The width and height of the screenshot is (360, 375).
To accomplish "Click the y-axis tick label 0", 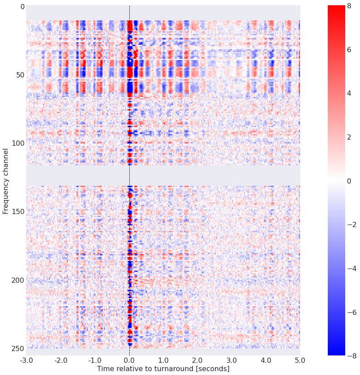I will click(x=19, y=7).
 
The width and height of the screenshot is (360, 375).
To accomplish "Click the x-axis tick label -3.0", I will click(x=26, y=361).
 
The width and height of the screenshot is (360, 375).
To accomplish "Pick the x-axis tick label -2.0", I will click(x=61, y=361).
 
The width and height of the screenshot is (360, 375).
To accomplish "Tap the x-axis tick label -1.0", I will click(x=94, y=361).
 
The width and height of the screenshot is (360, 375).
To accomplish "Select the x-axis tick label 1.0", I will click(x=163, y=361).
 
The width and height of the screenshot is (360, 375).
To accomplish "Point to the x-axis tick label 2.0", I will click(x=197, y=361).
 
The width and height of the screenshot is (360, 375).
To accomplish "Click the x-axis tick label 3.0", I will click(x=232, y=361).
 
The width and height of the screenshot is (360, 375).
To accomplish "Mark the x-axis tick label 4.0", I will click(x=266, y=361).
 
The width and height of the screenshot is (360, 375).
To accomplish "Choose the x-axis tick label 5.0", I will click(x=300, y=361).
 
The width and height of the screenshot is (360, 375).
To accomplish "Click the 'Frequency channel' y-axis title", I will click(x=6, y=181).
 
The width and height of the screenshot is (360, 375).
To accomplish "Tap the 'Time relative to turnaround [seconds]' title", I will click(x=163, y=369).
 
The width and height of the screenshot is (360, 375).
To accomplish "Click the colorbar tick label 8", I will click(x=348, y=6).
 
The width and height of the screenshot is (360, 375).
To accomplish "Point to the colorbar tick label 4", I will click(x=348, y=93).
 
